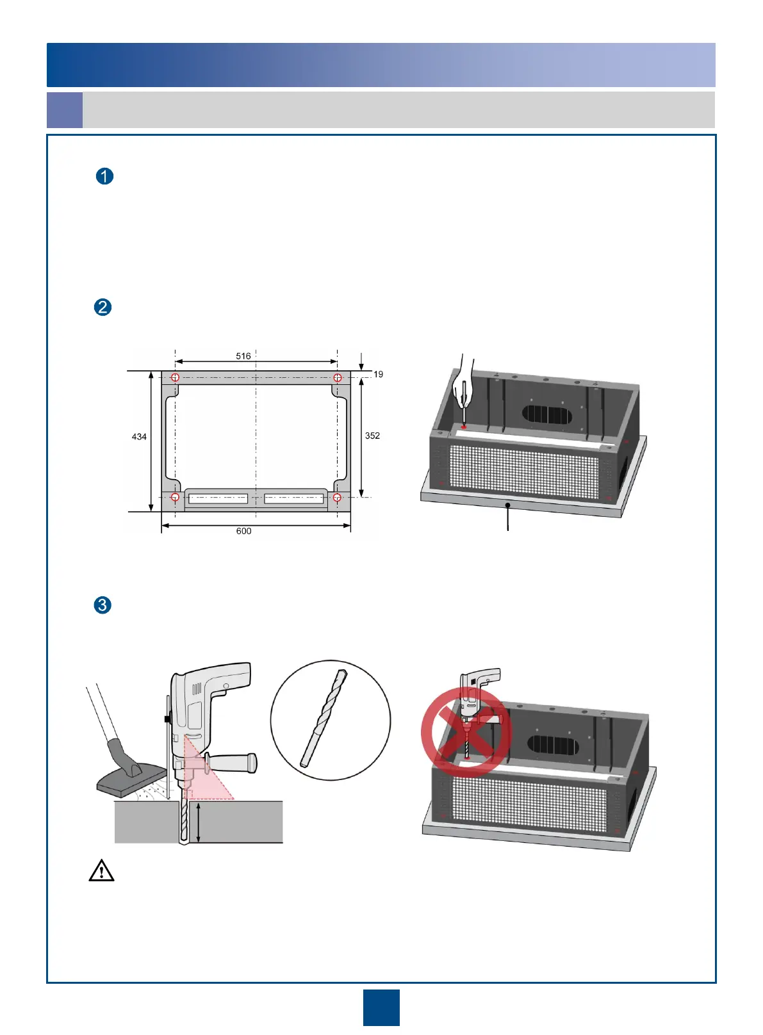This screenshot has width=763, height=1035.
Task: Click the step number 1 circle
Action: click(104, 176)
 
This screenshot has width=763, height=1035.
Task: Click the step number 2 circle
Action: click(103, 307)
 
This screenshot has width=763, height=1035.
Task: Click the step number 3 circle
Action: click(103, 605)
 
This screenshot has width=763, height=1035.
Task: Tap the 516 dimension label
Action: click(243, 356)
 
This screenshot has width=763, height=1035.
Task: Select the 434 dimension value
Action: click(139, 437)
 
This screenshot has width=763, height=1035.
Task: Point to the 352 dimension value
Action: click(372, 436)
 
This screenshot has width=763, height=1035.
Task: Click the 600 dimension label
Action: click(243, 531)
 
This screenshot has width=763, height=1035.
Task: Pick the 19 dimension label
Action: click(379, 374)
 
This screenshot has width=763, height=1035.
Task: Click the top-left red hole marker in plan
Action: click(175, 378)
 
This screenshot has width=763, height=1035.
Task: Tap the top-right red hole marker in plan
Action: click(338, 378)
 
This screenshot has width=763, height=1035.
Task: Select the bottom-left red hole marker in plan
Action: click(175, 498)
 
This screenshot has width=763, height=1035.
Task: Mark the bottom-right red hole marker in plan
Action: click(338, 498)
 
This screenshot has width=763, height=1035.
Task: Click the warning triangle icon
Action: click(101, 871)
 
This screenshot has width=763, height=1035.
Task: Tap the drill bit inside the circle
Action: click(324, 718)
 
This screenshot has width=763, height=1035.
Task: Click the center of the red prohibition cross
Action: click(466, 732)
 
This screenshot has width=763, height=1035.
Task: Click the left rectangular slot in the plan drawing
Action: click(218, 498)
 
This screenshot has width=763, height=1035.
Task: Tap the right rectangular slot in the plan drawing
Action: click(294, 498)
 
